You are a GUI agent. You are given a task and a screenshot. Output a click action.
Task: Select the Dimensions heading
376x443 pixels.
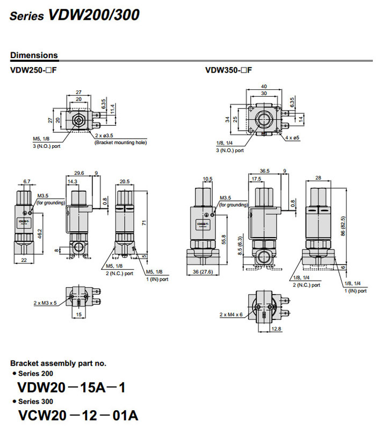click(34, 55)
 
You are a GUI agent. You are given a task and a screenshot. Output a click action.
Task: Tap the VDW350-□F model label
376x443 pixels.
click(228, 70)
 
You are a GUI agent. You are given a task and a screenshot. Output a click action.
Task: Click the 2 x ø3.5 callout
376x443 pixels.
click(108, 135)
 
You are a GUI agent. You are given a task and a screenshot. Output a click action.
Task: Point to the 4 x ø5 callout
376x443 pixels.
click(293, 138)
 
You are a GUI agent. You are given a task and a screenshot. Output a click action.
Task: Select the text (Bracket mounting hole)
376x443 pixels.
click(120, 142)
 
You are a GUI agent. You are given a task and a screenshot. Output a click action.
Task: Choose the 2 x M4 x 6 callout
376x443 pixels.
click(232, 314)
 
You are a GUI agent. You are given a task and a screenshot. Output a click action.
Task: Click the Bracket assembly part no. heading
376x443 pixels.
click(58, 363)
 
